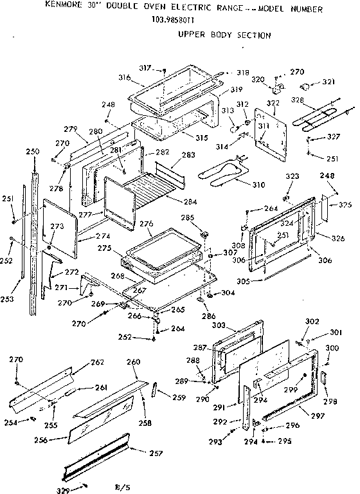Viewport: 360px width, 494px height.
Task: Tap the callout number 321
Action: point(328,83)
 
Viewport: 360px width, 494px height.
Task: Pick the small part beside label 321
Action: point(309,84)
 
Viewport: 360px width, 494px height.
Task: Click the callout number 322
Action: point(273,104)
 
